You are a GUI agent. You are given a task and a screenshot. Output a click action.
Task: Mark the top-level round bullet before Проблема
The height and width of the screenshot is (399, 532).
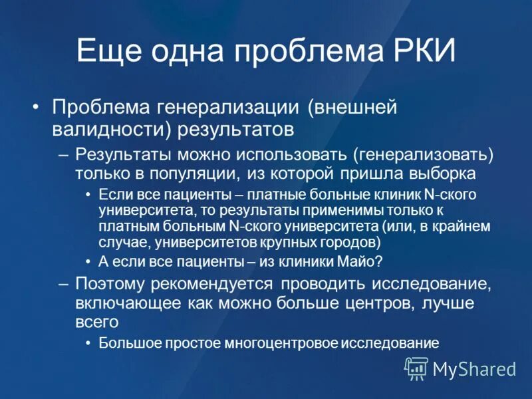point(37,107)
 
